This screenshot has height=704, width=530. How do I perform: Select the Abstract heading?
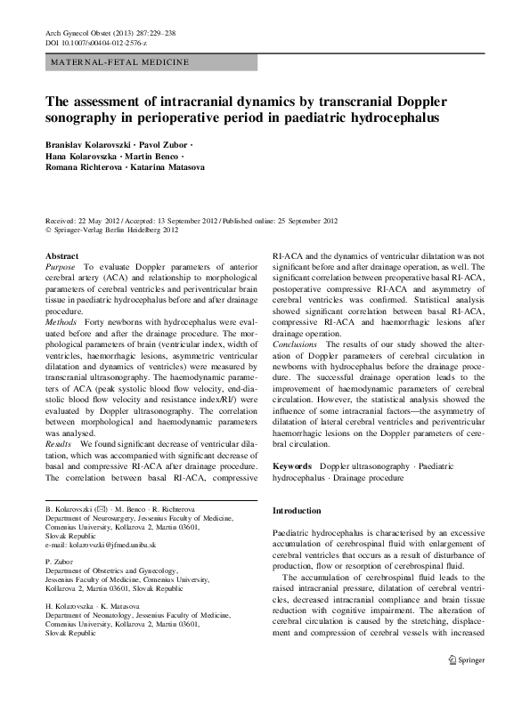pos(61,256)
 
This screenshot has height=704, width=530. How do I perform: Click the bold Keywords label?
pos(291,466)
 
